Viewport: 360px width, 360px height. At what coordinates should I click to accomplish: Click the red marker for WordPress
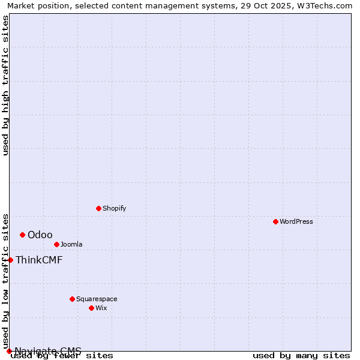pyautogui.click(x=275, y=221)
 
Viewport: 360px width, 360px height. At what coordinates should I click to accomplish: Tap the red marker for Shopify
pyautogui.click(x=98, y=208)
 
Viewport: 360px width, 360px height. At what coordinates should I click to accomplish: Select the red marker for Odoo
pyautogui.click(x=22, y=235)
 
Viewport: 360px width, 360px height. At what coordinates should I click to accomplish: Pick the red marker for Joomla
pyautogui.click(x=56, y=244)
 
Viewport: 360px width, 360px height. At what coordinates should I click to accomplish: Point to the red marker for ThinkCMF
pyautogui.click(x=10, y=260)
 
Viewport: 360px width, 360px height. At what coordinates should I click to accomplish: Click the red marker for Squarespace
pyautogui.click(x=72, y=299)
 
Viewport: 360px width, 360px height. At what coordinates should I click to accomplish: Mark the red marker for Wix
pyautogui.click(x=91, y=308)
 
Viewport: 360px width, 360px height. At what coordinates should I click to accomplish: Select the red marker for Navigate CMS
pyautogui.click(x=9, y=351)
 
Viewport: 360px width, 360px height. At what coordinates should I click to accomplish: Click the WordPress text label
pyautogui.click(x=296, y=221)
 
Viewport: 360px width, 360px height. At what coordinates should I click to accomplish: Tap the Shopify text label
pyautogui.click(x=114, y=208)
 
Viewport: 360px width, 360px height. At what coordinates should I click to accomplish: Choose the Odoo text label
pyautogui.click(x=40, y=235)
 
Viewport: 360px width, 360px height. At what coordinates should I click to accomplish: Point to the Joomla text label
pyautogui.click(x=71, y=244)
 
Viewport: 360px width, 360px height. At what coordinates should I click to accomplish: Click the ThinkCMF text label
pyautogui.click(x=39, y=260)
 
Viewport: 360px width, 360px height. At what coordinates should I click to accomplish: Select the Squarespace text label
pyautogui.click(x=97, y=299)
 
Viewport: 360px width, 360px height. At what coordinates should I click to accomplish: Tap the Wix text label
pyautogui.click(x=101, y=308)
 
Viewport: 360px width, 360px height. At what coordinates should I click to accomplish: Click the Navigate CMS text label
pyautogui.click(x=48, y=351)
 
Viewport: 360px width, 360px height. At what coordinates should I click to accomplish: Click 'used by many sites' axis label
pyautogui.click(x=301, y=356)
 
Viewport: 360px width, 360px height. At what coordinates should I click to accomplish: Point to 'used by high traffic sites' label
pyautogui.click(x=5, y=85)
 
